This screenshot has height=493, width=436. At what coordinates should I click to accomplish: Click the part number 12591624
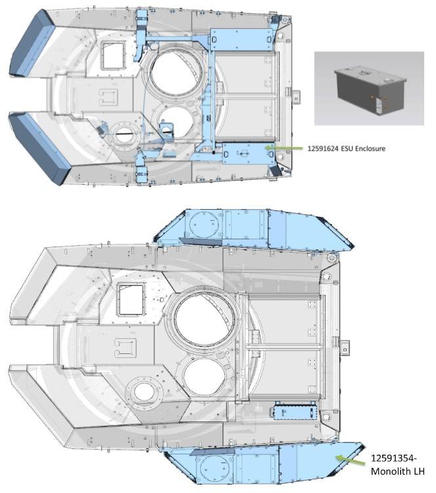click(322, 148)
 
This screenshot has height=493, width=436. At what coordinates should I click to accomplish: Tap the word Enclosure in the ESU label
click(370, 148)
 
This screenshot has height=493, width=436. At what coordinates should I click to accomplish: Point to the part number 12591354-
click(393, 458)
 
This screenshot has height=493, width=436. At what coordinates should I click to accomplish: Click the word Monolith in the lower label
click(387, 471)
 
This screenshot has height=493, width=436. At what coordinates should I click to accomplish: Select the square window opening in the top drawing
click(113, 56)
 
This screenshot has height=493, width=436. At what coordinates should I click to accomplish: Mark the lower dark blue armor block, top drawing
click(39, 148)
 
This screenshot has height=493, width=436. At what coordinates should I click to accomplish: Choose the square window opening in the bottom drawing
click(131, 300)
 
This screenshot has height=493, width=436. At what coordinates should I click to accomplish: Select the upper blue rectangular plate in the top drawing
click(241, 39)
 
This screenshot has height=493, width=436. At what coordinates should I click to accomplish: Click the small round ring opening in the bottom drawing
click(144, 392)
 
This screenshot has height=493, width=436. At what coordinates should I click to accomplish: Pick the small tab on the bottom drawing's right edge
click(345, 347)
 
